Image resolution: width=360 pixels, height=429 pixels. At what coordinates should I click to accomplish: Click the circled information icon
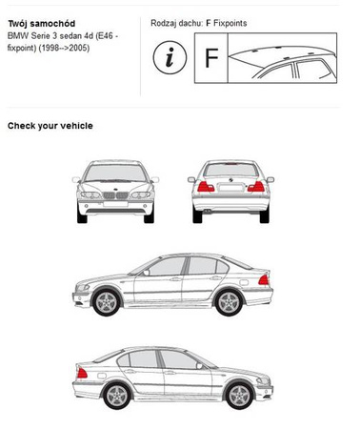pyautogui.click(x=170, y=57)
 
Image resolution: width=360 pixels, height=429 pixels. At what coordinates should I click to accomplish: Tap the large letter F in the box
pyautogui.click(x=211, y=58)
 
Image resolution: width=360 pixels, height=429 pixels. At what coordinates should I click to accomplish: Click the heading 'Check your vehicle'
pyautogui.click(x=50, y=126)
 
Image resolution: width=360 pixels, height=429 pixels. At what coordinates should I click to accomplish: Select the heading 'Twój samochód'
pyautogui.click(x=42, y=24)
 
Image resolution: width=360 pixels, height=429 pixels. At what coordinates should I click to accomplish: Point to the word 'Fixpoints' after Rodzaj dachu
pyautogui.click(x=230, y=23)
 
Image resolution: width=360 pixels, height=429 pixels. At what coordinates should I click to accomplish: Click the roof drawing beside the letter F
pyautogui.click(x=282, y=58)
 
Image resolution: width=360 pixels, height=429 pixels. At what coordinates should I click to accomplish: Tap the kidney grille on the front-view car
pyautogui.click(x=115, y=195)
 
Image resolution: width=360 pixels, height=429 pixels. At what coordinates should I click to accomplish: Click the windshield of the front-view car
pyautogui.click(x=115, y=174)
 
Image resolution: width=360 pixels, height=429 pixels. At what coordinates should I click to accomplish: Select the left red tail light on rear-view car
pyautogui.click(x=206, y=187)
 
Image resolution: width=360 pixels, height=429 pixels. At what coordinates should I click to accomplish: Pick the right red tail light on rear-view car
pyautogui.click(x=256, y=187)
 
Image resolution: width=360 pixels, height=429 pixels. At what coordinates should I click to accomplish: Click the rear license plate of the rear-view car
pyautogui.click(x=230, y=188)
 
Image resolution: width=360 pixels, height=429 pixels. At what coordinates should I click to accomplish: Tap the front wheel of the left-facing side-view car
pyautogui.click(x=107, y=301)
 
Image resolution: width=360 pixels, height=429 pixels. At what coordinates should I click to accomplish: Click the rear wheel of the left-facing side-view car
pyautogui.click(x=229, y=301)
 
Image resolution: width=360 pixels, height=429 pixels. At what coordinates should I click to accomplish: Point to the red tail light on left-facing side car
pyautogui.click(x=264, y=280)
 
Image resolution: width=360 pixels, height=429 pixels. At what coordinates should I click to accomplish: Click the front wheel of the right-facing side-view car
pyautogui.click(x=239, y=396)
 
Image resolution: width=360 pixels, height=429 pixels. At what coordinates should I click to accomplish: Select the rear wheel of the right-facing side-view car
pyautogui.click(x=117, y=396)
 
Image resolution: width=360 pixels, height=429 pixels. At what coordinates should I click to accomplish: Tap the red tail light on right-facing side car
pyautogui.click(x=82, y=373)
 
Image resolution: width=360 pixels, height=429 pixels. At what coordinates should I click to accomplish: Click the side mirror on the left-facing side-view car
pyautogui.click(x=146, y=273)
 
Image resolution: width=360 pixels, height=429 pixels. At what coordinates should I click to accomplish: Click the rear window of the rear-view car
pyautogui.click(x=230, y=170)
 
